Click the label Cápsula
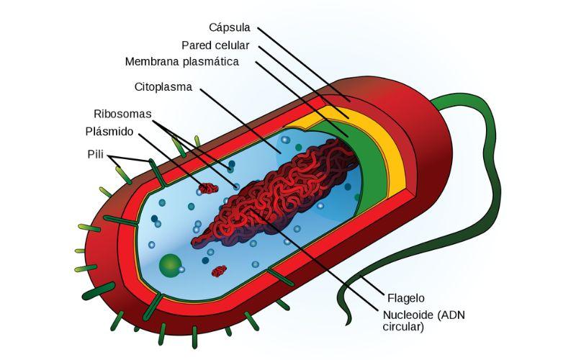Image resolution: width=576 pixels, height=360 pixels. [229, 28]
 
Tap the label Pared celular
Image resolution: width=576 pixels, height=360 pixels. [215, 45]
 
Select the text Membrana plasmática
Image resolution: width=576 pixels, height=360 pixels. [181, 62]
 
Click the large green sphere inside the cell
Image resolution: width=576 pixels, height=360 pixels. [170, 265]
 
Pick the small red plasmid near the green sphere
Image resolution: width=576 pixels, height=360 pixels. [219, 271]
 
